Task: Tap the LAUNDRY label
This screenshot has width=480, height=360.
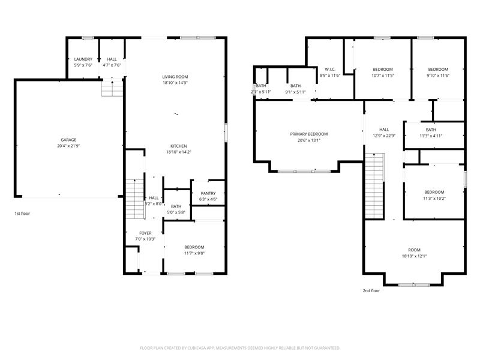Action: coord(83,59)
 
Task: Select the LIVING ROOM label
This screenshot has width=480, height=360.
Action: coord(175,77)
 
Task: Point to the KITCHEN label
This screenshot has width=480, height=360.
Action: coord(178,146)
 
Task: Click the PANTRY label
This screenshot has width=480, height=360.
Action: coord(208,193)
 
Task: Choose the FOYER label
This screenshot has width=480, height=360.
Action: coord(145,233)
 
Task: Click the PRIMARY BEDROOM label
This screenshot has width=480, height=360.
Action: coord(309,134)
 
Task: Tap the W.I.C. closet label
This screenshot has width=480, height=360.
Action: coord(329,69)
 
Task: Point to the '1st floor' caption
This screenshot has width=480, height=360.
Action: coord(23,214)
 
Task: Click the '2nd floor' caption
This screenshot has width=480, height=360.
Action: coord(371,290)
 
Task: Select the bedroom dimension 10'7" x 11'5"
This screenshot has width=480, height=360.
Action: coord(382,76)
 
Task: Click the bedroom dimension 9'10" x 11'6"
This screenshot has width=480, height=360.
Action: coord(438,76)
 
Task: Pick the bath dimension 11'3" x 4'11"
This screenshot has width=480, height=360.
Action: coord(431,136)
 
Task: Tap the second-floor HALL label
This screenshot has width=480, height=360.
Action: coord(384,129)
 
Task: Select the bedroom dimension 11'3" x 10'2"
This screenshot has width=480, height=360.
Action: coord(434,198)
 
